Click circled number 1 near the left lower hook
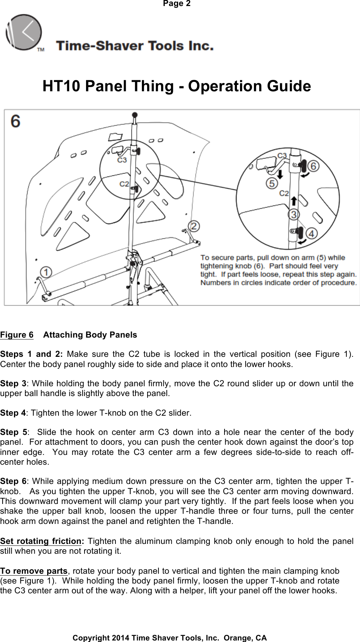pos(46,272)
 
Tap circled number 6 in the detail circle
pos(314,165)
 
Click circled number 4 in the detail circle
pos(311,234)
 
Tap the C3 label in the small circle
pos(122,160)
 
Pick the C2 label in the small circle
pos(124,184)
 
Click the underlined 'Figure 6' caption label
pos(17,335)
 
